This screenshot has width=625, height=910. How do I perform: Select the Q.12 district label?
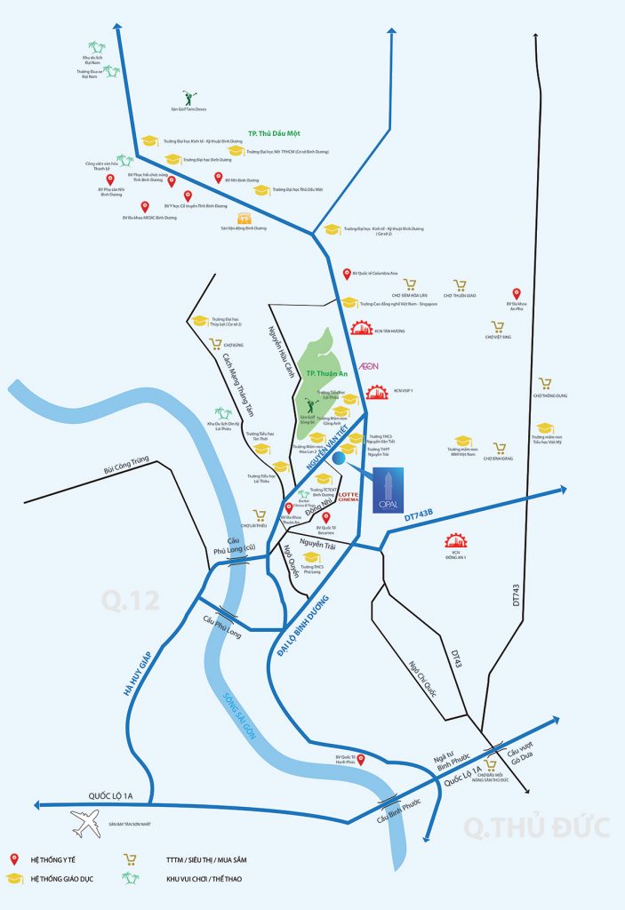point(130,602)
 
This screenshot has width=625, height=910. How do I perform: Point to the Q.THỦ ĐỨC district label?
point(537,826)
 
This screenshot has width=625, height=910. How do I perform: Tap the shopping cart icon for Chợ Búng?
point(215,344)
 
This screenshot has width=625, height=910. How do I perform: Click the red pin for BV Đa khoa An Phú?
point(517,294)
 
